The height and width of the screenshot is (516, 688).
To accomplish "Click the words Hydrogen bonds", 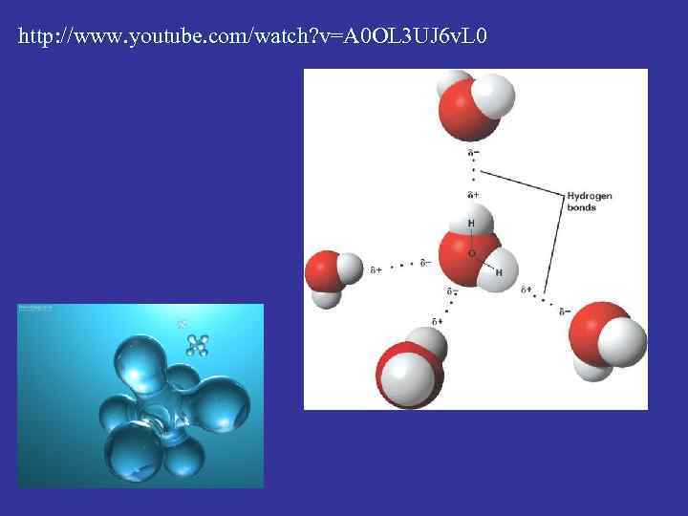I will coord(589,202).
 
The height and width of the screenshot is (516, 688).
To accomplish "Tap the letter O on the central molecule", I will coord(471,253).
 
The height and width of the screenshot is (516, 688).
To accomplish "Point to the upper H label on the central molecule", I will coord(471,224).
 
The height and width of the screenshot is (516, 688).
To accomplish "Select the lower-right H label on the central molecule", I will coord(498,272).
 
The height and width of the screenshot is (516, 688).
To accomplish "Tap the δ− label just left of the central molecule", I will coord(425,263).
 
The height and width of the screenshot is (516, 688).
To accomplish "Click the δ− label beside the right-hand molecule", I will coord(565,311).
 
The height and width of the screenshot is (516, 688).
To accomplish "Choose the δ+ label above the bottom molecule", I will coord(437,322).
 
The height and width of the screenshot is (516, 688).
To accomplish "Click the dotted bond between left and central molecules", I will coord(401,266).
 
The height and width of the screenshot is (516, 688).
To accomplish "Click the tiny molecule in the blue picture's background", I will coord(198,344).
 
